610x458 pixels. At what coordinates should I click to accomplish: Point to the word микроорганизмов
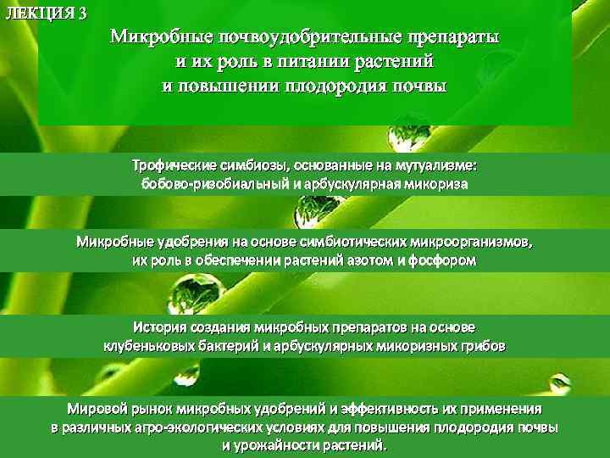[x=470, y=243]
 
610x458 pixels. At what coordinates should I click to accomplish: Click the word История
[x=162, y=327]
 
